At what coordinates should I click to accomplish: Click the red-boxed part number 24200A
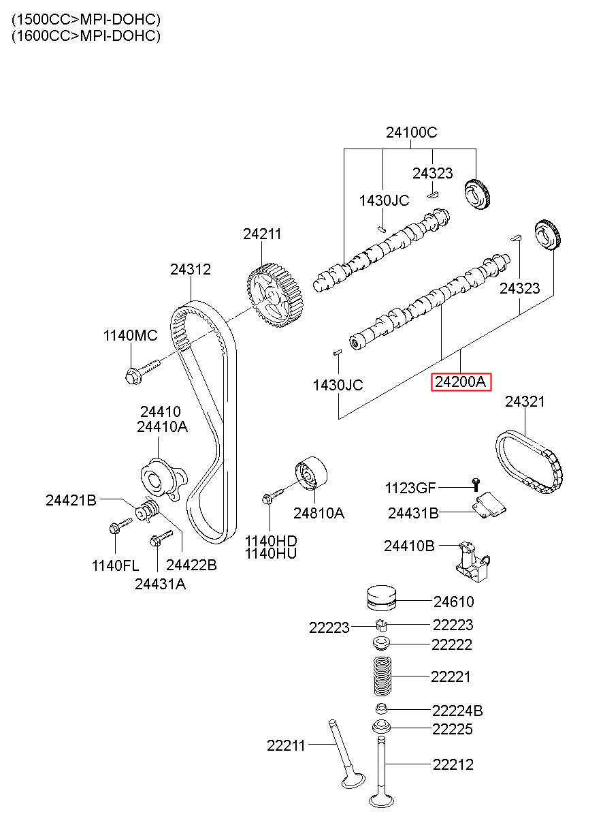click(x=461, y=382)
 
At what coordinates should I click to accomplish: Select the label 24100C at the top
click(x=411, y=132)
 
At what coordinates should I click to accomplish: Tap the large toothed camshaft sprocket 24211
click(x=275, y=296)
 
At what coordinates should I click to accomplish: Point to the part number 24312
click(x=190, y=269)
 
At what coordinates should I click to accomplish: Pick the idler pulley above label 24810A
click(x=311, y=473)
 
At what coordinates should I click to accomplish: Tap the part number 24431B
click(x=413, y=513)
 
